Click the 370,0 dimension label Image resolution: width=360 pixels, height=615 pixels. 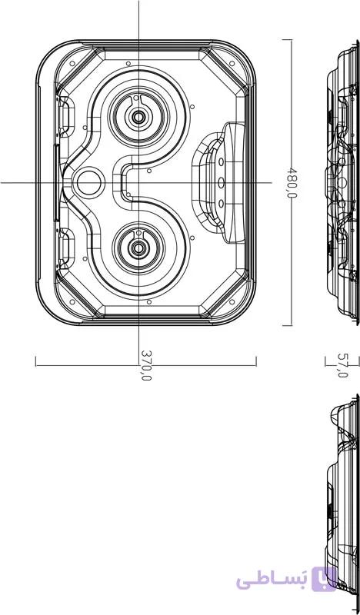coord(145,365)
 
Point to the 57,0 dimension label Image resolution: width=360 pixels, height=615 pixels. coord(342,365)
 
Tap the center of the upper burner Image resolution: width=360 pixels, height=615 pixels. coord(138,117)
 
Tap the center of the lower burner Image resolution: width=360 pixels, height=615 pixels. coord(138,248)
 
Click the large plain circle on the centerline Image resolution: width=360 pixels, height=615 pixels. coord(88,183)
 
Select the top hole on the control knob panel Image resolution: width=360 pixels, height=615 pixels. coord(221,161)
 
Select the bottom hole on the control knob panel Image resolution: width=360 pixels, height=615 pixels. coord(221,203)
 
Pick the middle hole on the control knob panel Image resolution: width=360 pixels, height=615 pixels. coord(221,182)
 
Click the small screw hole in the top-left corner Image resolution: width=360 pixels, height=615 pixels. coord(72,63)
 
